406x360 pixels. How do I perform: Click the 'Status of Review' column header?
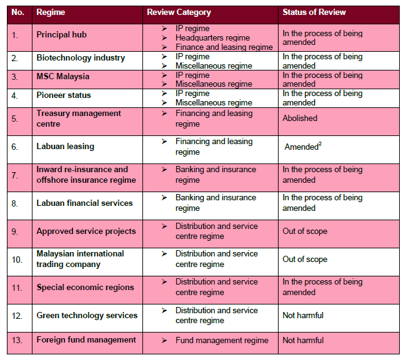pyautogui.click(x=314, y=12)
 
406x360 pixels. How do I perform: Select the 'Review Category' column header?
pyautogui.click(x=179, y=12)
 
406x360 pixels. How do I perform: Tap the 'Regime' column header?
pyautogui.click(x=51, y=12)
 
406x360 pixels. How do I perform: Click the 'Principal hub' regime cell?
pyautogui.click(x=66, y=34)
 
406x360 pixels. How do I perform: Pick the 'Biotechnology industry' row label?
pyautogui.click(x=81, y=58)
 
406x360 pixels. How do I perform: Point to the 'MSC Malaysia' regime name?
pyautogui.click(x=63, y=77)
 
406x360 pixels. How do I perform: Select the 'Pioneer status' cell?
pyautogui.click(x=64, y=95)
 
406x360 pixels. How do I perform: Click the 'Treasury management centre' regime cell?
pyautogui.click(x=79, y=119)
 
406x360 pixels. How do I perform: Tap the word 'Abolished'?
pyautogui.click(x=300, y=118)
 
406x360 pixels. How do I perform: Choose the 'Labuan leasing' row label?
pyautogui.click(x=66, y=147)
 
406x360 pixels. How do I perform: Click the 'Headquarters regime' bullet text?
pyautogui.click(x=212, y=38)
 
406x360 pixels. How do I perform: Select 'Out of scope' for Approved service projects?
pyautogui.click(x=305, y=231)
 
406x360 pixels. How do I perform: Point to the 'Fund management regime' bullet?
pyautogui.click(x=222, y=341)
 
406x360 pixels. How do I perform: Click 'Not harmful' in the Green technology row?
pyautogui.click(x=303, y=316)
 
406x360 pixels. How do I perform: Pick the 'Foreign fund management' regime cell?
pyautogui.click(x=86, y=340)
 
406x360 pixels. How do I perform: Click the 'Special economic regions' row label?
pyautogui.click(x=85, y=288)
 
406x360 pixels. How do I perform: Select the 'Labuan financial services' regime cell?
pyautogui.click(x=84, y=203)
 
